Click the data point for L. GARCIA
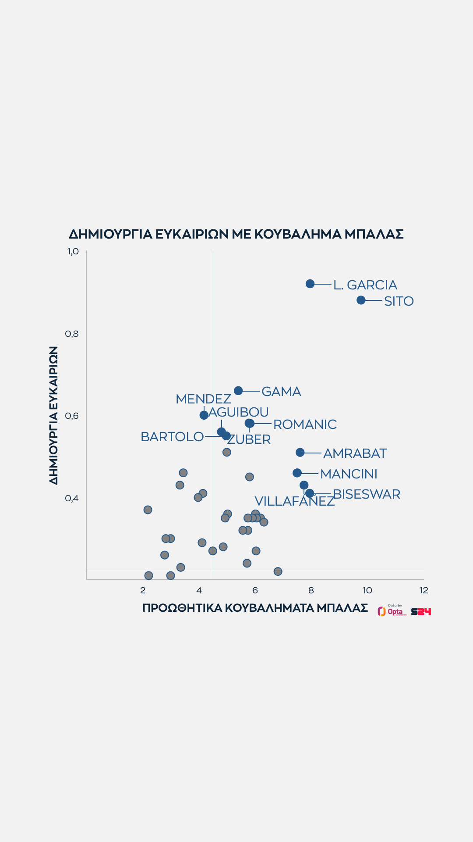[310, 284]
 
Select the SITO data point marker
[361, 300]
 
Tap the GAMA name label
[281, 392]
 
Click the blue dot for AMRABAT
[300, 452]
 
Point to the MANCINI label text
[349, 474]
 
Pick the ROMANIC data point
[250, 423]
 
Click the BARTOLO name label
[172, 437]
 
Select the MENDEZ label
[203, 399]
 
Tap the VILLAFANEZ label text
[294, 501]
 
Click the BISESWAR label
[367, 494]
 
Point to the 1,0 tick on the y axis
[73, 251]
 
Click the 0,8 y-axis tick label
[72, 334]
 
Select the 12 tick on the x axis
[424, 590]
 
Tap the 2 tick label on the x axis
[143, 590]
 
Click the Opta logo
[392, 611]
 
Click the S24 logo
[421, 611]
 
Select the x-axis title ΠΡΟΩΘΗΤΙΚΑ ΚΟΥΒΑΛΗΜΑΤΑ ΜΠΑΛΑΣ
[255, 608]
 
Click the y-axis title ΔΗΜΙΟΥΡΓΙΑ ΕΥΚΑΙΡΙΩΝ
[53, 415]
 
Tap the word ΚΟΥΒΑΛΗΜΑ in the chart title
[297, 234]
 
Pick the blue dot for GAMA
[238, 390]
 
